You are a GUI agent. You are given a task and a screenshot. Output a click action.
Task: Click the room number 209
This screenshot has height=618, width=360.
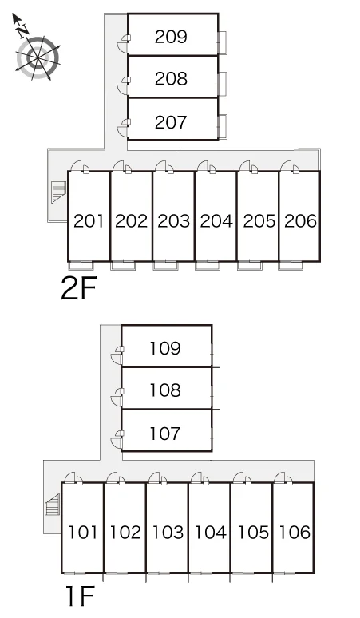click(x=171, y=37)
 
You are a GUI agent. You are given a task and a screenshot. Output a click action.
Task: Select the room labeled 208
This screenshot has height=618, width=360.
click(x=171, y=78)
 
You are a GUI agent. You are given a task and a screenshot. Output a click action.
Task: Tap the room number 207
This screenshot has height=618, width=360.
click(x=171, y=122)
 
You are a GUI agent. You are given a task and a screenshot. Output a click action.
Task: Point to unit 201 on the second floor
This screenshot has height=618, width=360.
click(x=89, y=220)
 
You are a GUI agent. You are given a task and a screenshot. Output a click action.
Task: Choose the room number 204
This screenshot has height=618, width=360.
click(x=216, y=220)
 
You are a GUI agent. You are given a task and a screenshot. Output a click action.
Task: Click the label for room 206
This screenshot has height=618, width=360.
click(x=300, y=220)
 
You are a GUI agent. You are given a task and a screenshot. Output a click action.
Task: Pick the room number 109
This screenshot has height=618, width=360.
click(x=165, y=348)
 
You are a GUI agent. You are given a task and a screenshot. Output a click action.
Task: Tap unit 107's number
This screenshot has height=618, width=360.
click(x=165, y=434)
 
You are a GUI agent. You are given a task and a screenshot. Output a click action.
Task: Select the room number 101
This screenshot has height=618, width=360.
click(x=83, y=532)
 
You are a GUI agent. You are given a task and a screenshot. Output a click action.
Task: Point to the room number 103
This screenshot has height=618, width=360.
click(x=168, y=532)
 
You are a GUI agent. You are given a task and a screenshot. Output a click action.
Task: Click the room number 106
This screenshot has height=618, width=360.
click(x=295, y=532)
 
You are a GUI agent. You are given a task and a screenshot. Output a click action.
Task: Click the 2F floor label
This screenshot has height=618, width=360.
click(x=79, y=288)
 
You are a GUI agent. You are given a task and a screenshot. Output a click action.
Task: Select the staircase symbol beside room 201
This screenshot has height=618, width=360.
click(x=59, y=192)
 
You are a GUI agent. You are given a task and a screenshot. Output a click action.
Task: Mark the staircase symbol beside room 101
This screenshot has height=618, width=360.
click(x=53, y=504)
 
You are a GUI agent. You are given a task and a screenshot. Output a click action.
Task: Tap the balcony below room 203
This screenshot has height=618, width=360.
click(x=165, y=266)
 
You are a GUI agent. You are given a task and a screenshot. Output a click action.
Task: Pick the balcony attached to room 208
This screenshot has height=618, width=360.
click(x=223, y=85)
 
